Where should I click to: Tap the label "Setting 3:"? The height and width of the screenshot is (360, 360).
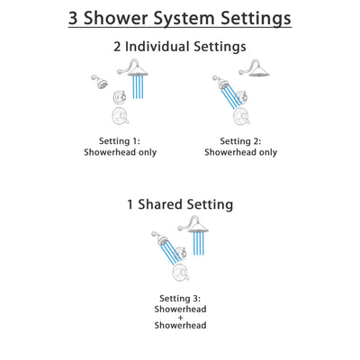(x=180, y=297)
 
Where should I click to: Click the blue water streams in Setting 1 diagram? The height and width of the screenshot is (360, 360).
(x=137, y=91)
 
